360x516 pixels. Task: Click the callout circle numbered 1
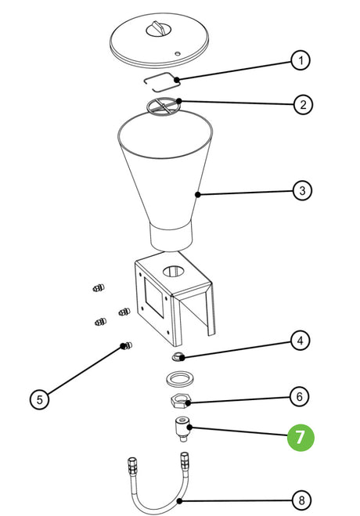(301, 60)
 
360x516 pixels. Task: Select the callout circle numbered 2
(302, 105)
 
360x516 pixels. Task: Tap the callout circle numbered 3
(302, 190)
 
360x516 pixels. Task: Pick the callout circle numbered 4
(300, 341)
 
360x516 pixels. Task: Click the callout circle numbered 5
(39, 399)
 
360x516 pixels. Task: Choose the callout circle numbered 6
(299, 396)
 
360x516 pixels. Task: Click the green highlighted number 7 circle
(301, 438)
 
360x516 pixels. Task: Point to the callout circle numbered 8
(301, 501)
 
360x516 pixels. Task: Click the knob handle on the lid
(159, 29)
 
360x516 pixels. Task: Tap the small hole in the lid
(178, 53)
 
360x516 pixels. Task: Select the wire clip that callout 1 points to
(162, 81)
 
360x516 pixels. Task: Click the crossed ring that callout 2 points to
(164, 106)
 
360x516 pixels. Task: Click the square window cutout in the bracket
(153, 298)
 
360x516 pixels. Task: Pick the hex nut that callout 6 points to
(180, 401)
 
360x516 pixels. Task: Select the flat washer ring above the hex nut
(179, 378)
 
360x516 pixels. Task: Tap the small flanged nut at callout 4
(178, 356)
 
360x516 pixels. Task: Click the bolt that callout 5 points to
(127, 345)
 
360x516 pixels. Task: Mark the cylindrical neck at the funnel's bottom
(171, 236)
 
